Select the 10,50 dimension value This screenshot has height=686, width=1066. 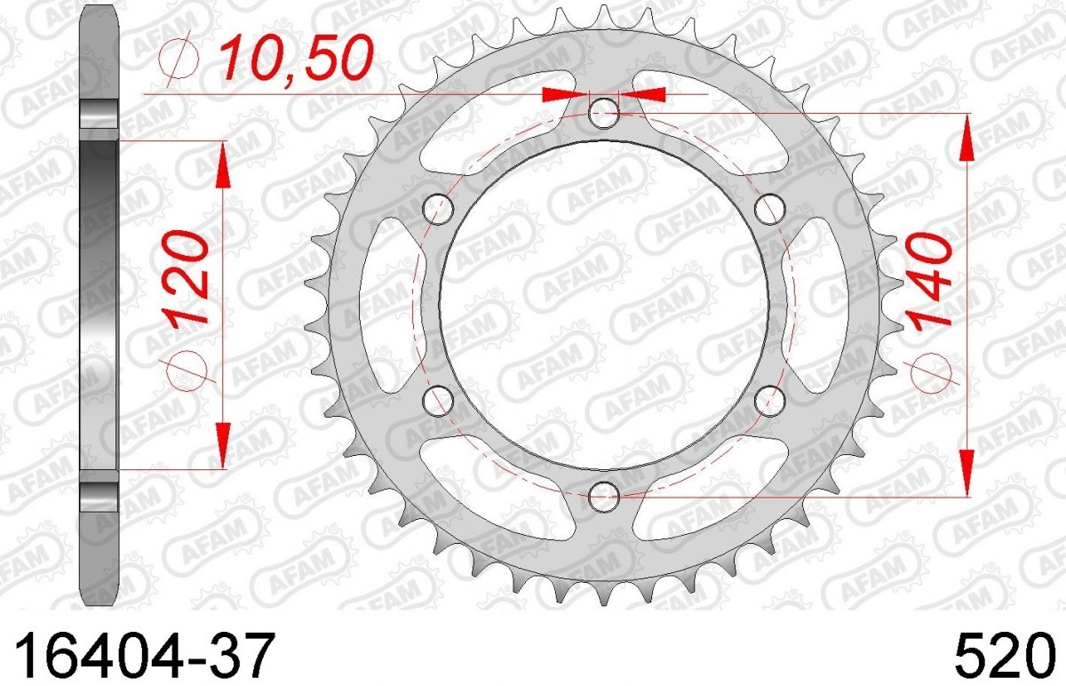tap(295, 59)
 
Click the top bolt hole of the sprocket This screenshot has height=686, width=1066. tap(604, 114)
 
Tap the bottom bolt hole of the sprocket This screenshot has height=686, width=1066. tap(604, 497)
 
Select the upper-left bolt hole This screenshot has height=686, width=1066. tap(438, 209)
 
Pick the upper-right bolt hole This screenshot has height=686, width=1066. tap(770, 209)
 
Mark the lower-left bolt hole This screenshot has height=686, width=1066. tap(438, 401)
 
